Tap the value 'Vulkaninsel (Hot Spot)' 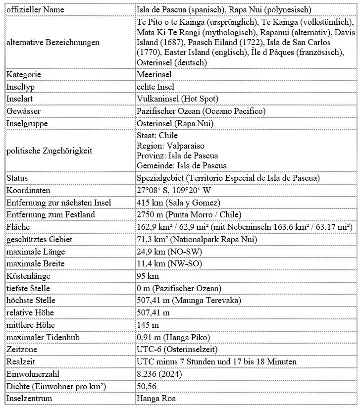(177, 99)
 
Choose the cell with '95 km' (148, 276)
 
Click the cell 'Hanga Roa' (155, 399)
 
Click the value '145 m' (148, 325)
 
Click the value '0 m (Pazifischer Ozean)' (179, 288)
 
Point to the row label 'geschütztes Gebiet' (40, 239)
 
